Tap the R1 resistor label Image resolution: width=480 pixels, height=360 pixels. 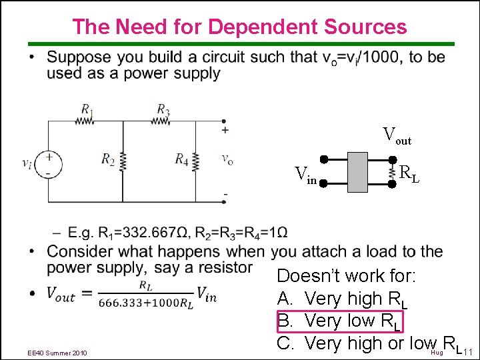click(x=87, y=109)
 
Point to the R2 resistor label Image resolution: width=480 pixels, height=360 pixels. click(x=108, y=159)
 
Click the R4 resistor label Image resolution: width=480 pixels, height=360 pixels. click(x=181, y=159)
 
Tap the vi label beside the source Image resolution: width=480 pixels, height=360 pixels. click(x=27, y=163)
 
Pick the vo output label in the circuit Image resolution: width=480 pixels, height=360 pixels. click(x=227, y=159)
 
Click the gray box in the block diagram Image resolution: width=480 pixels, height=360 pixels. click(x=358, y=172)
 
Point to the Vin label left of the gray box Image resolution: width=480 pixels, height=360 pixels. click(x=306, y=176)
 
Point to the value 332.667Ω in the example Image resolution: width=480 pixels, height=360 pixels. click(x=155, y=233)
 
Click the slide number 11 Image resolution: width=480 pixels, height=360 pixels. click(x=467, y=351)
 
